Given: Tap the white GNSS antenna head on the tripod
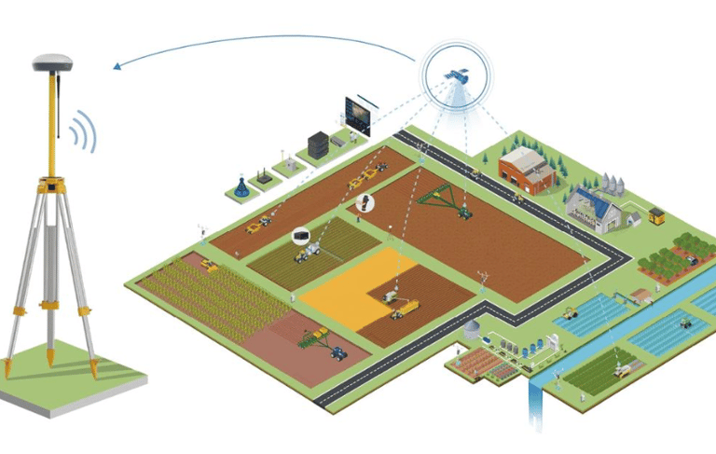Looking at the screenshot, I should (x=53, y=62).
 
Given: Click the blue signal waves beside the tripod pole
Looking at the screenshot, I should (x=85, y=131).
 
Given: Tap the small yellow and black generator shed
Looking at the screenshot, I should (x=656, y=215).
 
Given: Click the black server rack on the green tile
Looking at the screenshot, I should (x=318, y=144).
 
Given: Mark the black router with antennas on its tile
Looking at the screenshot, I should (x=264, y=174).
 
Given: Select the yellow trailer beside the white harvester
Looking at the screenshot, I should (x=408, y=306).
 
